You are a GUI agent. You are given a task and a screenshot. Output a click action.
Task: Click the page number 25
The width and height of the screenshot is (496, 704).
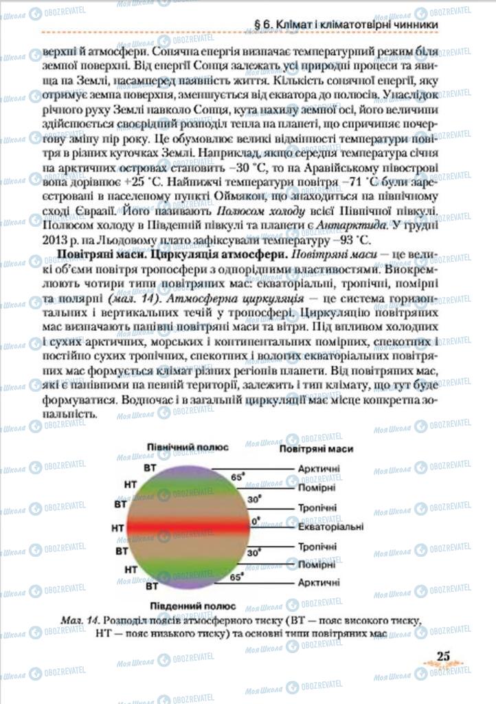point(443,655)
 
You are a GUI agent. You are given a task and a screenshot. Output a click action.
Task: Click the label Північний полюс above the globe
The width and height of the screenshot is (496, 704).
point(188,446)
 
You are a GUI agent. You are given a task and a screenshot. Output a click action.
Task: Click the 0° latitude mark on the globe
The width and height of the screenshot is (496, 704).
point(256,520)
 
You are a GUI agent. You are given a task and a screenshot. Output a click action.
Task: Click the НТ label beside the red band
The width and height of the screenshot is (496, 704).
point(117,528)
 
